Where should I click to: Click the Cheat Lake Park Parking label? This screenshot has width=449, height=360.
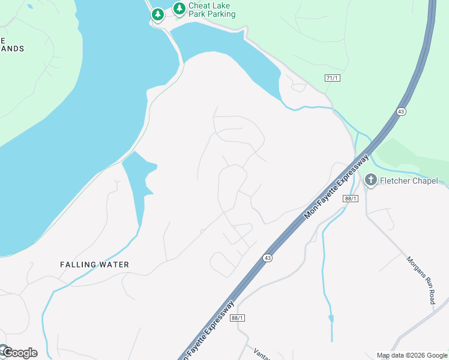(212, 10)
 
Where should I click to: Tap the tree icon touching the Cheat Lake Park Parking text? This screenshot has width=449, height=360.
(179, 8)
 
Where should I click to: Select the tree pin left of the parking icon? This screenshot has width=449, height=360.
(158, 14)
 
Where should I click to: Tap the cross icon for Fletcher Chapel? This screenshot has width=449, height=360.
(371, 180)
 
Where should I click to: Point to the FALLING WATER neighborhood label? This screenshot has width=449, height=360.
(95, 264)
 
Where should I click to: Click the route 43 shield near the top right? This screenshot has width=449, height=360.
(400, 112)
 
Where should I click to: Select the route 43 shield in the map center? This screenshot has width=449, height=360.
(267, 257)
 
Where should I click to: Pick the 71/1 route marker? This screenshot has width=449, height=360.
(332, 78)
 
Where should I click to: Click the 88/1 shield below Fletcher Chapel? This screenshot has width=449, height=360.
(351, 199)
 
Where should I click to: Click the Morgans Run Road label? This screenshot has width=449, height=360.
(420, 280)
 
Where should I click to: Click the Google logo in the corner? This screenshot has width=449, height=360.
(19, 353)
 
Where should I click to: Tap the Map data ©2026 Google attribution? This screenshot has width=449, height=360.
(412, 355)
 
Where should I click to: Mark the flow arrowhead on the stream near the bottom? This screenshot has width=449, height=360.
(331, 319)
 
